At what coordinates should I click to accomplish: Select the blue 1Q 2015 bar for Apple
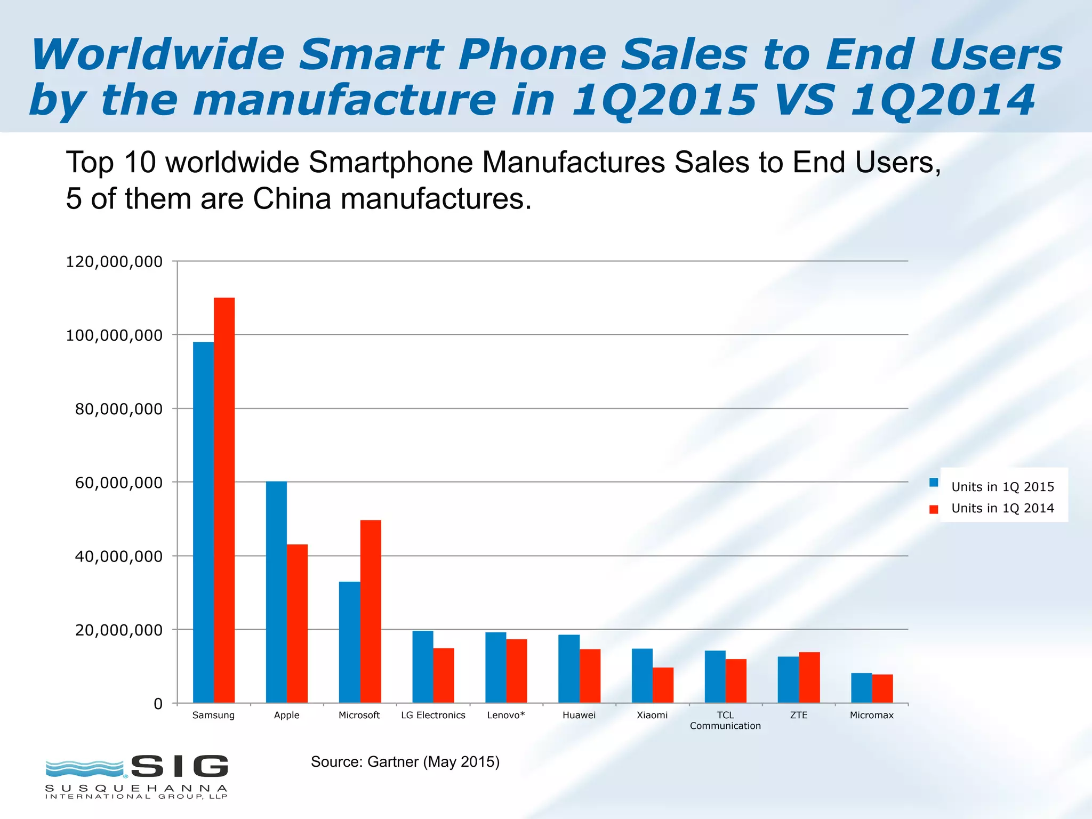pyautogui.click(x=276, y=592)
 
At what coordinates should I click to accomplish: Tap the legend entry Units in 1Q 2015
pyautogui.click(x=1002, y=487)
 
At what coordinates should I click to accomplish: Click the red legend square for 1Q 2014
pyautogui.click(x=934, y=509)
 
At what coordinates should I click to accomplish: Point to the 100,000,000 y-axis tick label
pyautogui.click(x=114, y=335)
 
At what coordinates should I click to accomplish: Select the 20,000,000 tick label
pyautogui.click(x=118, y=630)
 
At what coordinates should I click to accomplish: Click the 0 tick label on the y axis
pyautogui.click(x=158, y=704)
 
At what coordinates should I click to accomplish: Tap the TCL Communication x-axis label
pyautogui.click(x=725, y=720)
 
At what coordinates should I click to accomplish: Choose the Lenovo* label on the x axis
pyautogui.click(x=505, y=715)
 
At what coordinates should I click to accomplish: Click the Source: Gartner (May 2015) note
pyautogui.click(x=405, y=761)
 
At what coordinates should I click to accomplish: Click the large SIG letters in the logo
pyautogui.click(x=180, y=766)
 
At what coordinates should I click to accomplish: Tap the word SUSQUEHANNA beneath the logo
pyautogui.click(x=136, y=788)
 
